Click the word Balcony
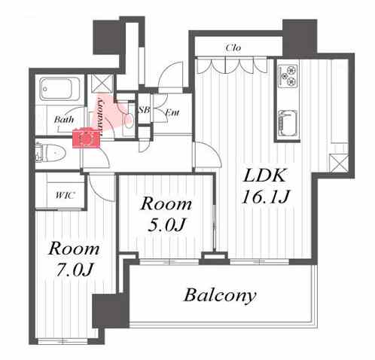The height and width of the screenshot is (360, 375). coord(220,295)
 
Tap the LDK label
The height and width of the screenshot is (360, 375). coord(265,175)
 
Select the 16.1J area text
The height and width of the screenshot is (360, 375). coord(266,197)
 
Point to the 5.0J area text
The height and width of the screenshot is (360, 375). coord(166,225)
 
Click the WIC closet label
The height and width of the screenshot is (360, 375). coord(65,195)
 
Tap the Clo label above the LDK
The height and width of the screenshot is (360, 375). coord(233,47)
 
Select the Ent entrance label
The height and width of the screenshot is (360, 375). coord(172,112)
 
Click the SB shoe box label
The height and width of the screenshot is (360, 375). coord(144,110)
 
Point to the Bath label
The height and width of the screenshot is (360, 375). coord(64,119)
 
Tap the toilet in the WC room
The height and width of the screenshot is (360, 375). coord(51,152)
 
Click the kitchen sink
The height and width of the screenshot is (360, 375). coord(288,123)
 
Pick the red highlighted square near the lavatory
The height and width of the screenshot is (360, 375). coord(86,138)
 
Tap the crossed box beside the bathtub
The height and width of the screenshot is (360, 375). coord(102,84)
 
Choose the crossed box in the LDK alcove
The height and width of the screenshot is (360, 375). coord(339,163)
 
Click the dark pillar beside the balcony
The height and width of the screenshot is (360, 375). coord(111,311)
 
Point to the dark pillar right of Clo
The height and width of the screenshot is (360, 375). coord(300,38)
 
